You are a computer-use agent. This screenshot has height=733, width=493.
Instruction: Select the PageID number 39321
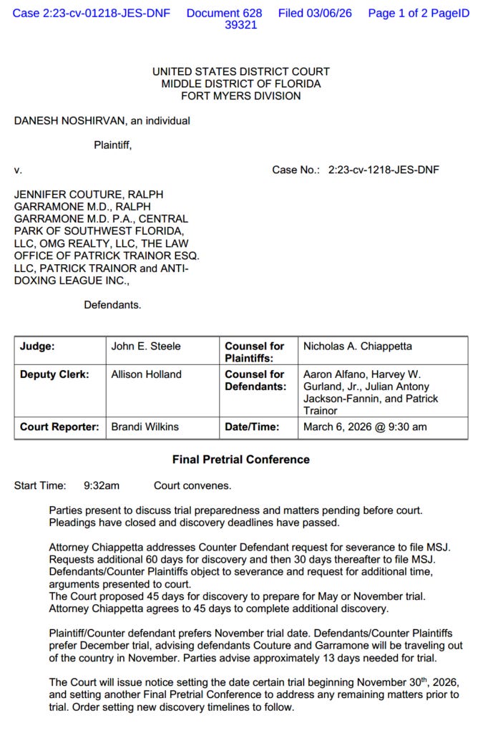pyautogui.click(x=240, y=25)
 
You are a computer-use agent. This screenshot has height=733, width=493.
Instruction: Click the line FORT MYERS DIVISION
pyautogui.click(x=240, y=96)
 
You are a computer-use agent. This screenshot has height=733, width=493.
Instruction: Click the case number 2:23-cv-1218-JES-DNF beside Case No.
pyautogui.click(x=384, y=170)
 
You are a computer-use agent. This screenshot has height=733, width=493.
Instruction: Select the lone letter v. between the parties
pyautogui.click(x=18, y=170)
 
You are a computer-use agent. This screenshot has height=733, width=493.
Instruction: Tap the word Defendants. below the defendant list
pyautogui.click(x=112, y=305)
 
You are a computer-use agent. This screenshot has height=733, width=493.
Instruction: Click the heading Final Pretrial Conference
pyautogui.click(x=240, y=460)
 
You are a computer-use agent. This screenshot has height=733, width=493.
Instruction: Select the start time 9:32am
pyautogui.click(x=102, y=486)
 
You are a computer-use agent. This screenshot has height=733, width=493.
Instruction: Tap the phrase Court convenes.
pyautogui.click(x=192, y=486)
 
